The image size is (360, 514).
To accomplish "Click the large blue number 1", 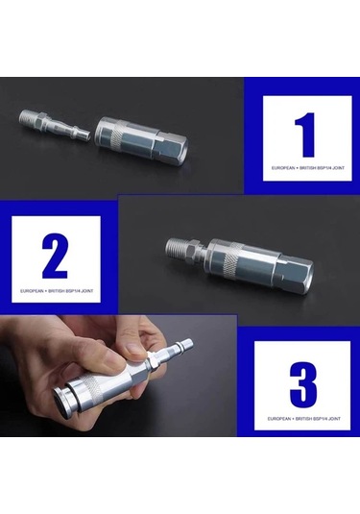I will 306,135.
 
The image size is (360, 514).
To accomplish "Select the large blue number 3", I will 302,384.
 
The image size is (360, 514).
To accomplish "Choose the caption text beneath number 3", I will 302,420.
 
